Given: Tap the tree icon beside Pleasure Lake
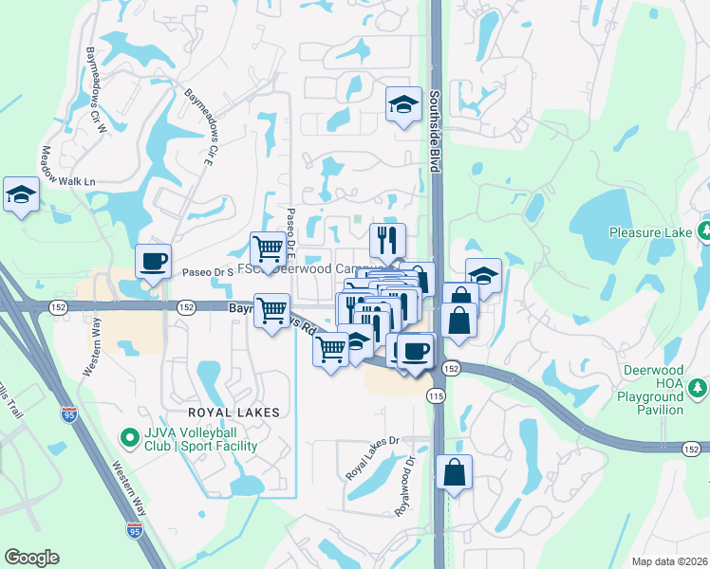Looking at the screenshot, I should click(704, 230).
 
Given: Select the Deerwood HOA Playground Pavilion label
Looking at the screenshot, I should click(650, 390).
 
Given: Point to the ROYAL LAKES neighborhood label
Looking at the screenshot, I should click(234, 412).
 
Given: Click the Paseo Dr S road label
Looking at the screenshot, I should click(208, 272).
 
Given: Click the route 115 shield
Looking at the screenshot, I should click(437, 395).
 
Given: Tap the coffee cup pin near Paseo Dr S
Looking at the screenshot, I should click(153, 261).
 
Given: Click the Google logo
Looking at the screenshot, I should click(31, 558).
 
